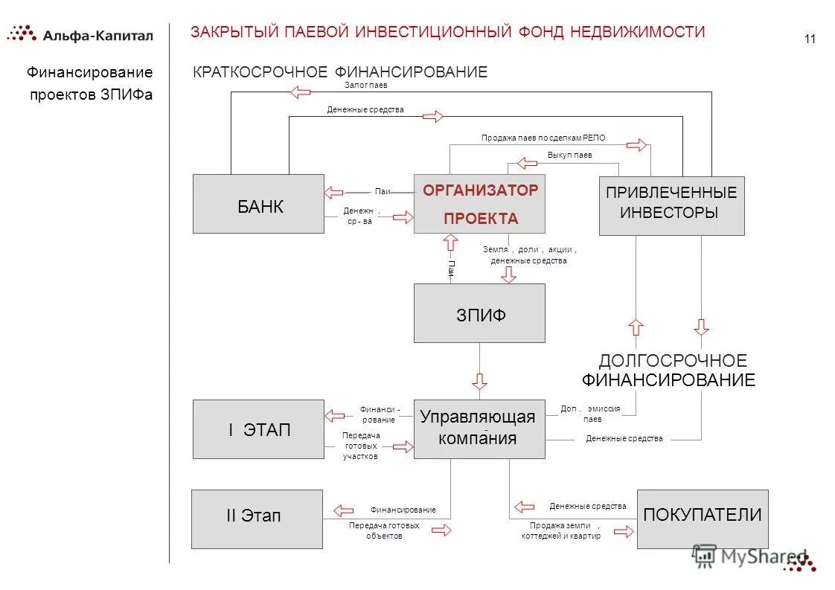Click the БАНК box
point(258,204)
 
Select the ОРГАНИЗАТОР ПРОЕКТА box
point(479,204)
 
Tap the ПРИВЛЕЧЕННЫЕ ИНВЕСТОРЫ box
point(671,205)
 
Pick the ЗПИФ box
point(479,313)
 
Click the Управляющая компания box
point(479,427)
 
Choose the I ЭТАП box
point(258,429)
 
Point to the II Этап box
point(257,519)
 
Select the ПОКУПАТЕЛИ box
point(703,519)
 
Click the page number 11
point(810,39)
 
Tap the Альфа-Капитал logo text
point(97,35)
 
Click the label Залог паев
point(366,86)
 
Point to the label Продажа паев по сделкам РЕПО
point(543,138)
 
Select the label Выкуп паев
point(569,155)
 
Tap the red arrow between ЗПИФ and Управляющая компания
point(479,381)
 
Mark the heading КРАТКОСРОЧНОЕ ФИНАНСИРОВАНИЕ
point(340,72)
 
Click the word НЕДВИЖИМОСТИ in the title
point(638,32)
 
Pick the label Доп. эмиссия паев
point(590,414)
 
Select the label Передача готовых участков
point(360,446)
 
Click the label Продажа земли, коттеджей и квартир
point(560,530)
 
